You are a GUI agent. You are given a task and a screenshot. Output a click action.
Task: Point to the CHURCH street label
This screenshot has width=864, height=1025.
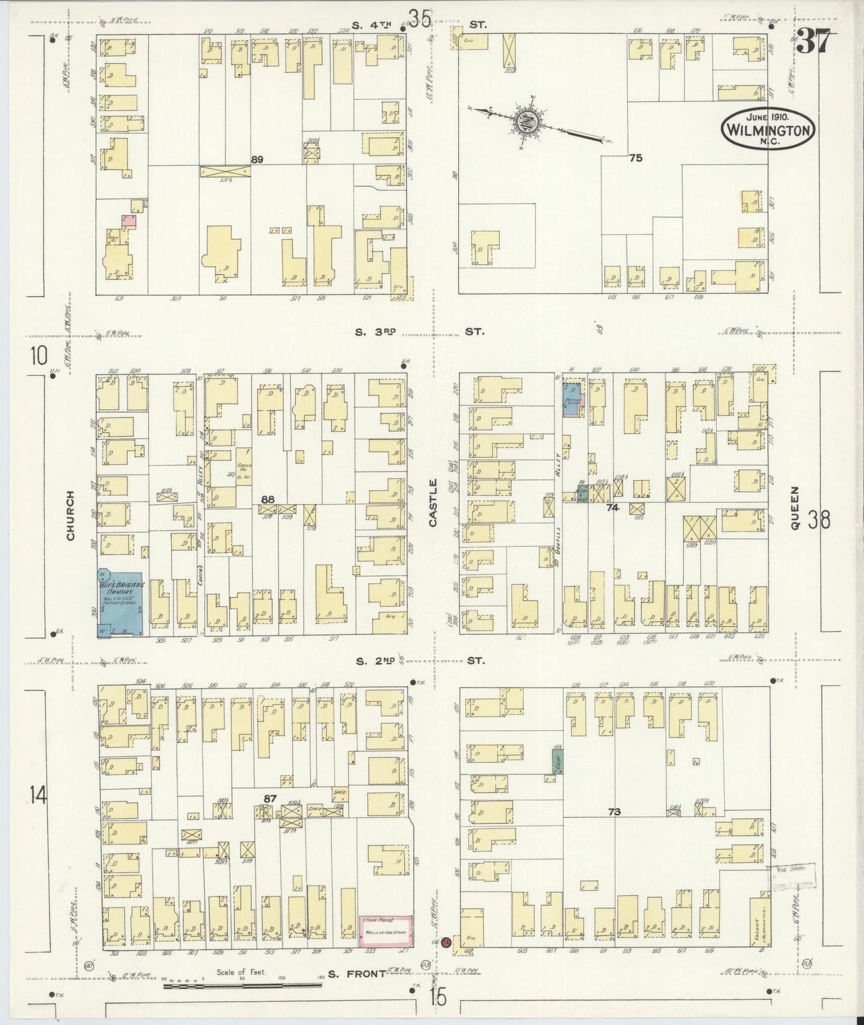tap(71, 515)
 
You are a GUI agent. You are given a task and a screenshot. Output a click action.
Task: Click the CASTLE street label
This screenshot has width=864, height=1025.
tap(433, 502)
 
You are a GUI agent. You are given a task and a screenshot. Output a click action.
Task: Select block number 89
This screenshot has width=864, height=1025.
tap(257, 160)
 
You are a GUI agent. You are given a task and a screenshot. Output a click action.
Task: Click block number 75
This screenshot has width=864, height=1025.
tap(635, 158)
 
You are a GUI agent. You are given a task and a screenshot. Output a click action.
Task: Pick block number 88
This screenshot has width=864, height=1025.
tap(267, 498)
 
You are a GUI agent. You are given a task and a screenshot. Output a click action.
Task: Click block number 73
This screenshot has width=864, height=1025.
tap(614, 812)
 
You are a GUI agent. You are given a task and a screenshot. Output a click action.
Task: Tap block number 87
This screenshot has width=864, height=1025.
tap(270, 798)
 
